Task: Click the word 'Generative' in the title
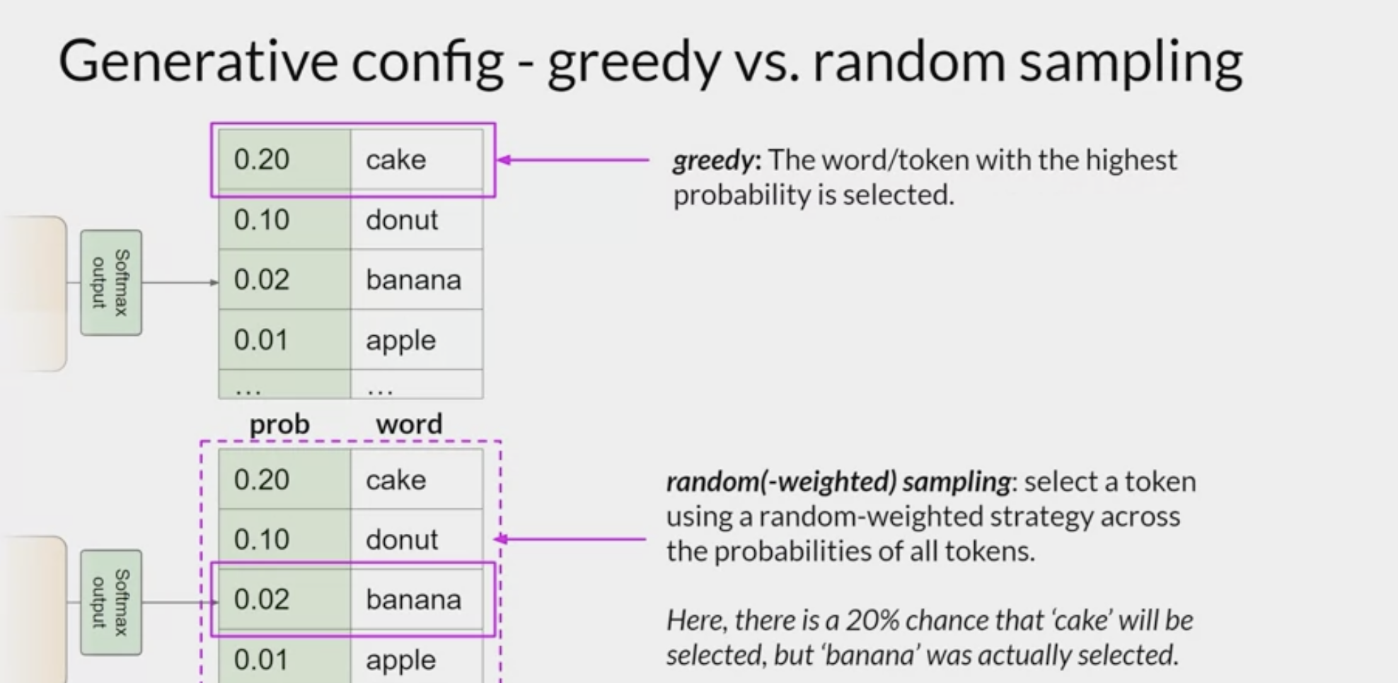(198, 62)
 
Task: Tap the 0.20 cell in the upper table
(284, 159)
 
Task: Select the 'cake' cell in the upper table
(417, 159)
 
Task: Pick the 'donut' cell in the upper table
(417, 220)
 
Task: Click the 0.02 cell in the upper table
(284, 279)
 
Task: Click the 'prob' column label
(279, 424)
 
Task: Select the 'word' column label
(409, 424)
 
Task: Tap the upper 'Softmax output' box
(111, 282)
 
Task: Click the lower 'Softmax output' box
(111, 602)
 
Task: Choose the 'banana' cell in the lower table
(417, 600)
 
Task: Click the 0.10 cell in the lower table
(284, 539)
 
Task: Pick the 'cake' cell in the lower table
(417, 479)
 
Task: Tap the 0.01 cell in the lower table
(284, 659)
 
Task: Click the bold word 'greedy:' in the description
(717, 161)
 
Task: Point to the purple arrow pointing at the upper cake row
(572, 160)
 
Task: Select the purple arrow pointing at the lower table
(570, 539)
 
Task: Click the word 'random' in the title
(908, 62)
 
